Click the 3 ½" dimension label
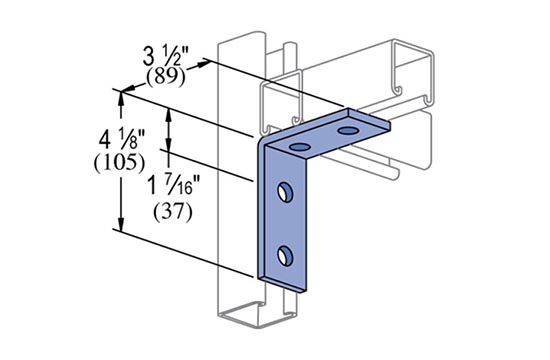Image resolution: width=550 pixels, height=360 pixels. [x=166, y=56]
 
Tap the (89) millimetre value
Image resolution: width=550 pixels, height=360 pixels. [x=166, y=77]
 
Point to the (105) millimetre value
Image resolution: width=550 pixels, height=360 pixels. [x=119, y=163]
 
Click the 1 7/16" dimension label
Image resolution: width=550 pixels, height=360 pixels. [x=175, y=185]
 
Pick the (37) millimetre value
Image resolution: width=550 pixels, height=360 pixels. [x=173, y=212]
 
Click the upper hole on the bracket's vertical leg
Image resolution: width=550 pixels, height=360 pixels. [x=285, y=192]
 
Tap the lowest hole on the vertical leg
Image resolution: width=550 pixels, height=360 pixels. [x=285, y=255]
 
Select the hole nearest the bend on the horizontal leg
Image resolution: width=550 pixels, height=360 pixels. [x=299, y=147]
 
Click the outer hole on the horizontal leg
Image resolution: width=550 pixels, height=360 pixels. [x=348, y=131]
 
